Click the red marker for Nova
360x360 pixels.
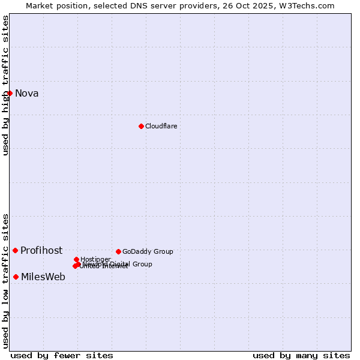(x=10, y=93)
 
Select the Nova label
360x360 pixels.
(x=27, y=93)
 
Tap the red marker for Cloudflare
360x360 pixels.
(x=141, y=126)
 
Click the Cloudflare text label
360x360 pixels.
(x=161, y=126)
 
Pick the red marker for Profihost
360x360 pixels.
(x=15, y=250)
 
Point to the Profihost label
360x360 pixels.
(x=41, y=251)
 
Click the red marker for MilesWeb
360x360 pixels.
(x=16, y=277)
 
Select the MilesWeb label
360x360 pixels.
(x=43, y=277)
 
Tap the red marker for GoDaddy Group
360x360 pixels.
(x=118, y=251)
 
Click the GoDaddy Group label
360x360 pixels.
(x=148, y=251)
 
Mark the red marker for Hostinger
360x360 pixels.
(x=76, y=259)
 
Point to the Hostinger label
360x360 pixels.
(x=95, y=259)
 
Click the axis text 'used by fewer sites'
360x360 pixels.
(x=62, y=355)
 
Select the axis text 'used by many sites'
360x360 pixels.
(x=301, y=355)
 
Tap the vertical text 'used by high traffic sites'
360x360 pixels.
(x=5, y=85)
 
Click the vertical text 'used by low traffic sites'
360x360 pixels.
(x=5, y=280)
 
